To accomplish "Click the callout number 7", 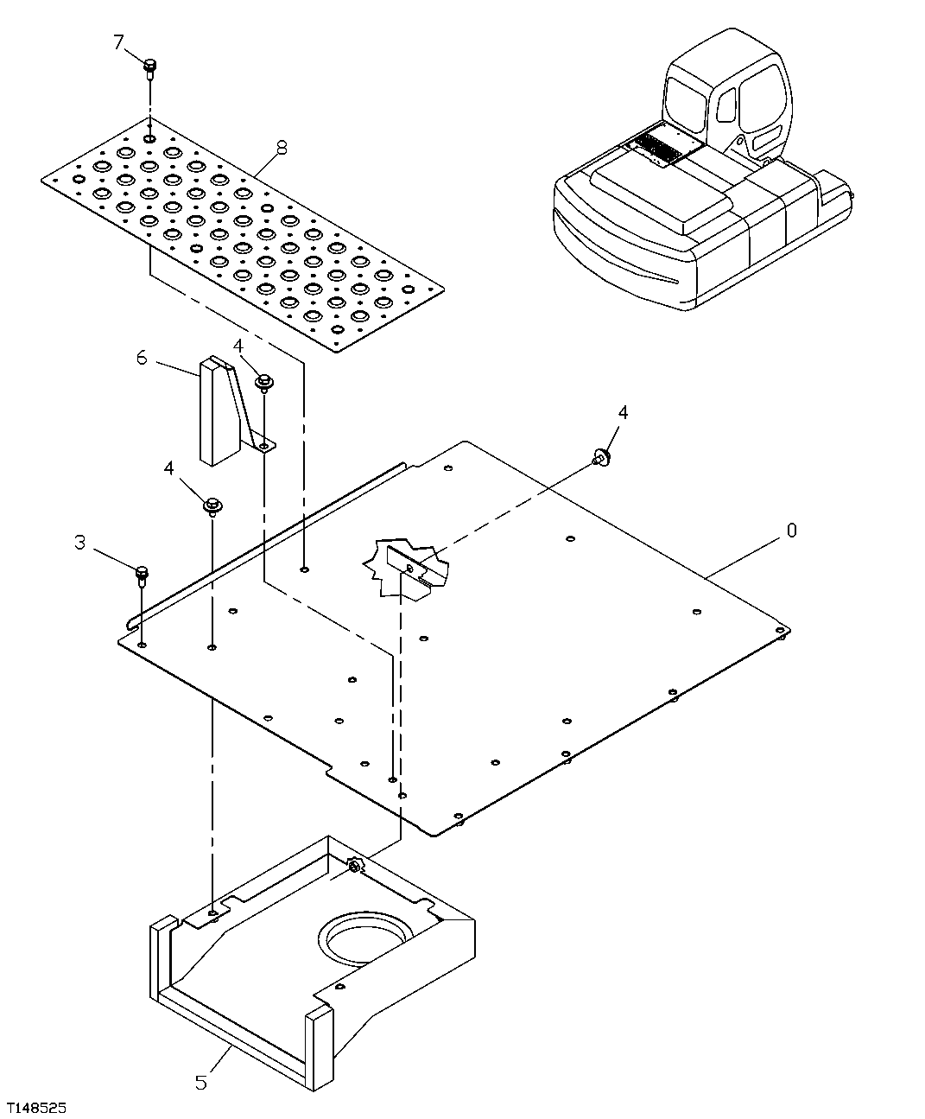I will pos(120,41).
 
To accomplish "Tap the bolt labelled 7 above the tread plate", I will pos(149,67).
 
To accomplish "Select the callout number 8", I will pos(282,148).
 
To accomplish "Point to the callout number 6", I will pos(142,357).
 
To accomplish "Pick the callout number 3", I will pos(79,543).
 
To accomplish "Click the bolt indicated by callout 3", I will pos(142,575).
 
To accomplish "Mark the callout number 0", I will pos(791,530).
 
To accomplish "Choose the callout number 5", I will pos(200,1082).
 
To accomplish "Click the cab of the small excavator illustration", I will pos(730,91).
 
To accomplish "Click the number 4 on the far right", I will pos(623,412).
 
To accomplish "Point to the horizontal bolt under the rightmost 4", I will pos(602,457).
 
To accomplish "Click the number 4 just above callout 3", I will pos(169,467).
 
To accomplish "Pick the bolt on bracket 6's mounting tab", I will pos(263,380).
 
